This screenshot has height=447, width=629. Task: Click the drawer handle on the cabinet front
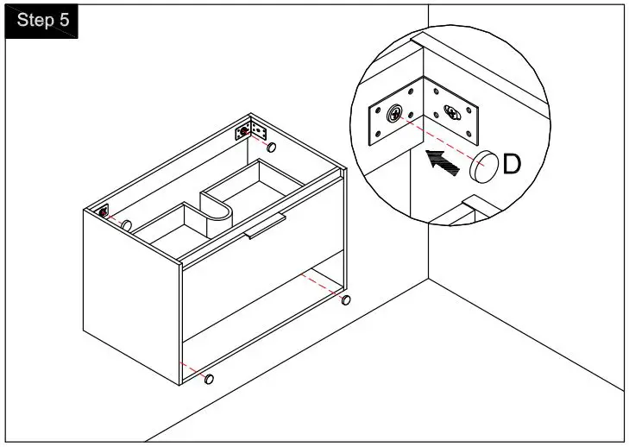coord(264,226)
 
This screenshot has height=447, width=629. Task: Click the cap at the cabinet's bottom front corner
coord(209,378)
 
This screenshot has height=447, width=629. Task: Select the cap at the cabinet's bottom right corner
coord(346,300)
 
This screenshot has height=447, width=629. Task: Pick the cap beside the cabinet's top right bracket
coord(271,148)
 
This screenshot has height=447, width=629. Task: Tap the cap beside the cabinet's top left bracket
coord(126,224)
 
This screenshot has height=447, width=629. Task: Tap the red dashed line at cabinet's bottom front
coord(193,369)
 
